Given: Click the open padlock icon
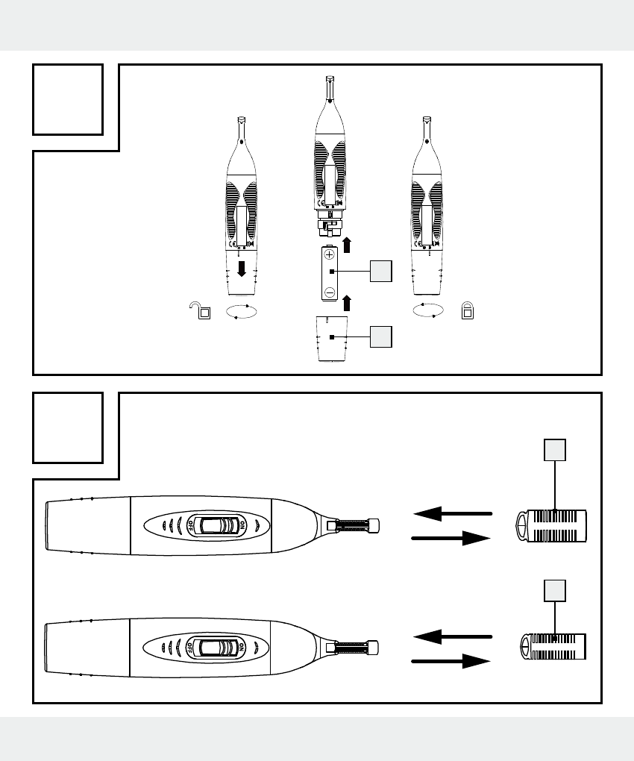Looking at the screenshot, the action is pyautogui.click(x=201, y=310).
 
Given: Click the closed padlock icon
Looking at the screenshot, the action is pyautogui.click(x=468, y=310).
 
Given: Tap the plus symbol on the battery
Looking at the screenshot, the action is pyautogui.click(x=330, y=254).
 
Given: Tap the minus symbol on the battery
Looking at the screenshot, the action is pyautogui.click(x=330, y=292).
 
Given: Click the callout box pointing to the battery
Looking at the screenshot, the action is pyautogui.click(x=381, y=271).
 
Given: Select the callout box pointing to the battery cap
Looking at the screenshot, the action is pyautogui.click(x=381, y=336).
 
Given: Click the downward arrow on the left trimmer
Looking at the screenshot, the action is pyautogui.click(x=241, y=269).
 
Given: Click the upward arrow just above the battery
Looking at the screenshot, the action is pyautogui.click(x=347, y=245).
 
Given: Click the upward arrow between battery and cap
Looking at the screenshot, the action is pyautogui.click(x=347, y=303).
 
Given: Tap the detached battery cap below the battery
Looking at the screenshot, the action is pyautogui.click(x=332, y=339).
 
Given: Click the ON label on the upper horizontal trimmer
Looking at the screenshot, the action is pyautogui.click(x=242, y=524).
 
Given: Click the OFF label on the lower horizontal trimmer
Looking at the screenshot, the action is pyautogui.click(x=189, y=647).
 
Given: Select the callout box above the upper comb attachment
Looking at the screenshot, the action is pyautogui.click(x=555, y=449).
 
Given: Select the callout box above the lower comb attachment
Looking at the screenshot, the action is pyautogui.click(x=555, y=590).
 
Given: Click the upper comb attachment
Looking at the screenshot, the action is pyautogui.click(x=550, y=526).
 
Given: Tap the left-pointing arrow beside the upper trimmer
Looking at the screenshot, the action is pyautogui.click(x=453, y=513).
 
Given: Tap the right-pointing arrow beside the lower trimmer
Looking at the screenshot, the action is pyautogui.click(x=451, y=661).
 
